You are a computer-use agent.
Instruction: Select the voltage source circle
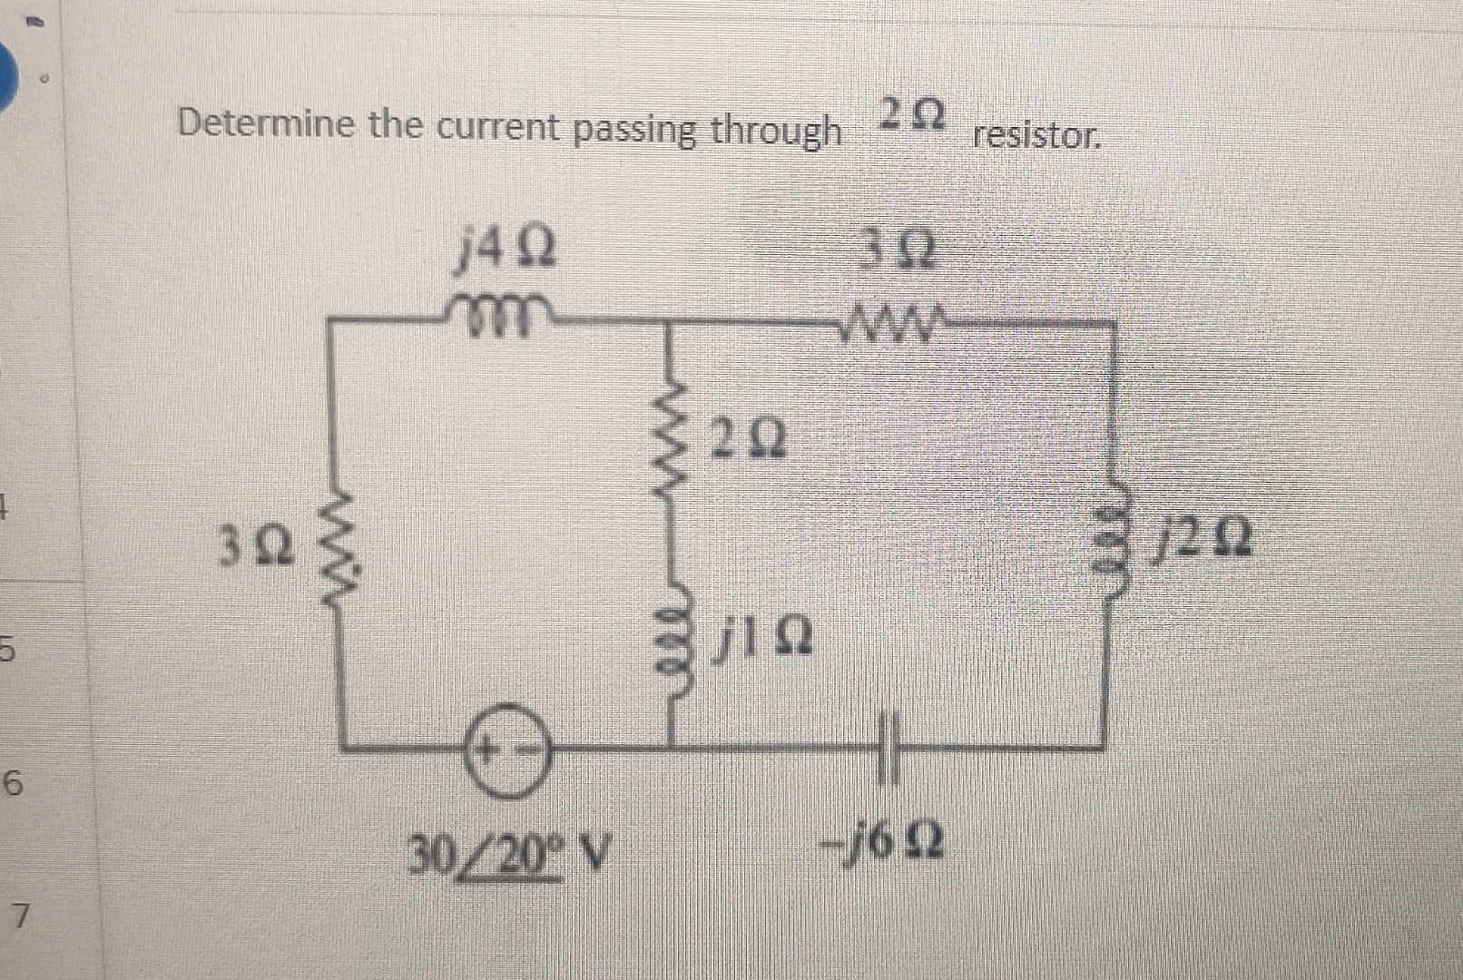(509, 750)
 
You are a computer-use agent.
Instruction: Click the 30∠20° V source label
(508, 852)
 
